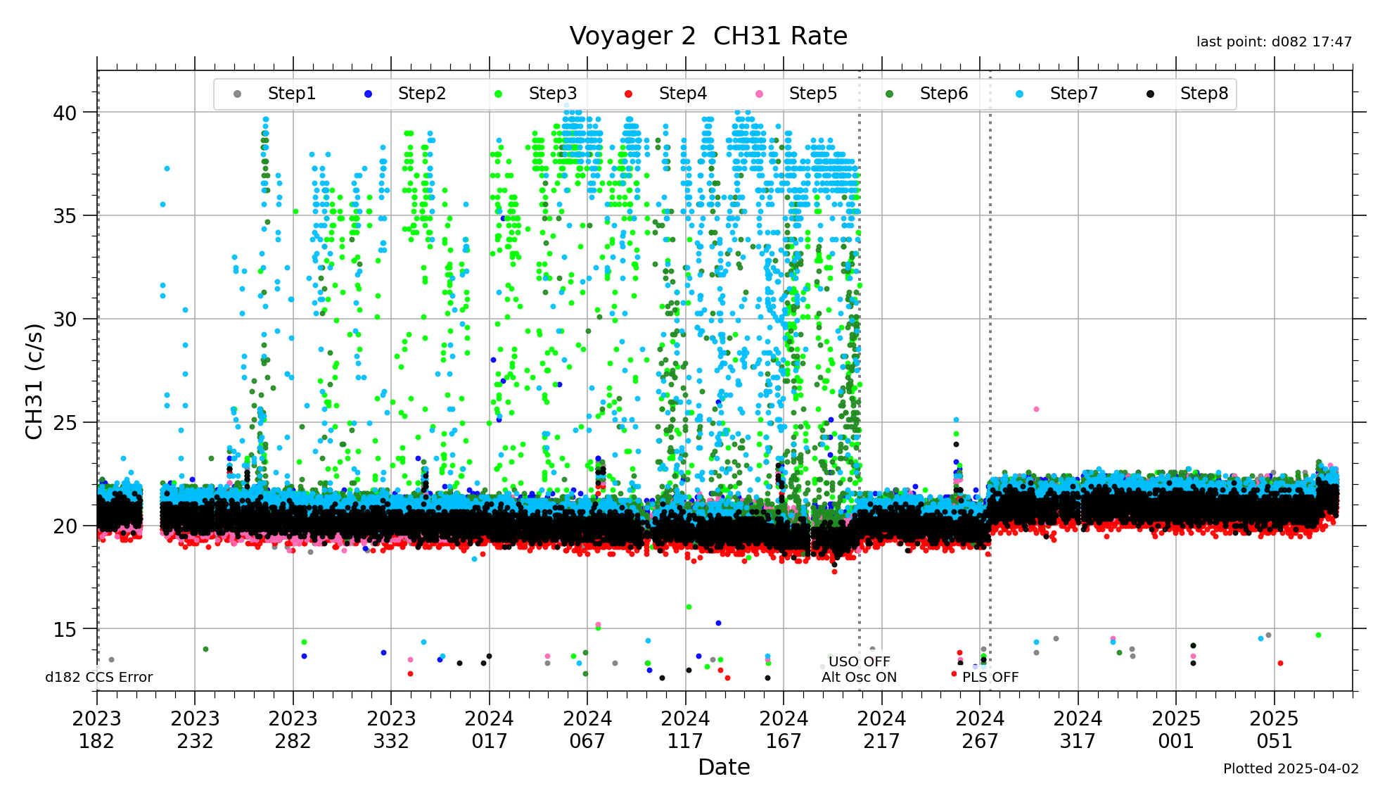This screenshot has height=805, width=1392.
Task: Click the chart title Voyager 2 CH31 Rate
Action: (x=708, y=36)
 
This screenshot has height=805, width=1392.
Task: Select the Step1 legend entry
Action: (x=291, y=94)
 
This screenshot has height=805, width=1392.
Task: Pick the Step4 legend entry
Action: (x=682, y=94)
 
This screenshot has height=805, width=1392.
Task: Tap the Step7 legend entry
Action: (x=1073, y=94)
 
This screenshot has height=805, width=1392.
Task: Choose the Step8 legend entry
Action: (x=1203, y=94)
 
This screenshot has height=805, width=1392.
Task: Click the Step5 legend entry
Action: (x=812, y=94)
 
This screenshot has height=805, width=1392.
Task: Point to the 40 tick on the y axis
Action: (x=65, y=113)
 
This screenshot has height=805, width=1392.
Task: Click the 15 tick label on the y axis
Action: (x=65, y=630)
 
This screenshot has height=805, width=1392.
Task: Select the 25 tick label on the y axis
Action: (x=65, y=423)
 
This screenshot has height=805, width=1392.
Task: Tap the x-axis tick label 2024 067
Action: (x=587, y=730)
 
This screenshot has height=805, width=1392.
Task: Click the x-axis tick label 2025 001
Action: (x=1176, y=730)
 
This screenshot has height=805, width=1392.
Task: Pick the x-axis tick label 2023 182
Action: (x=97, y=730)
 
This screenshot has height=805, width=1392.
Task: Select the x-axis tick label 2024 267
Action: (x=980, y=730)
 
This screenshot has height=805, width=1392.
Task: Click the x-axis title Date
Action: (x=724, y=767)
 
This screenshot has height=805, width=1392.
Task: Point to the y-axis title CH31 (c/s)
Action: (x=34, y=381)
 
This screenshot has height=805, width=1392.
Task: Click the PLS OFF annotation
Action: (x=990, y=678)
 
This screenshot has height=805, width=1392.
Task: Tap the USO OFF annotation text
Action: (x=859, y=661)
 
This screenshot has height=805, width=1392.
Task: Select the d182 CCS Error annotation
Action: (x=99, y=678)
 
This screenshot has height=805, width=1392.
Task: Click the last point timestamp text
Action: (x=1274, y=42)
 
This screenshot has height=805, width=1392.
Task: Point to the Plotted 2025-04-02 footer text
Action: (x=1291, y=769)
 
